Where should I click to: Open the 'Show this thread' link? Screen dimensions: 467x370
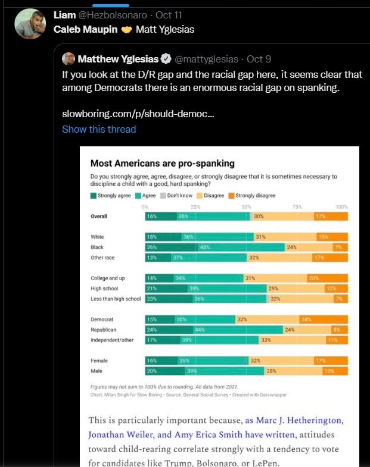99,129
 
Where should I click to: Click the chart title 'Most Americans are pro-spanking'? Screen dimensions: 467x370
162,163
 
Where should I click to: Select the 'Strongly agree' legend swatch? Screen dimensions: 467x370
93,196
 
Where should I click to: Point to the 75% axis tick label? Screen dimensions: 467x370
298,206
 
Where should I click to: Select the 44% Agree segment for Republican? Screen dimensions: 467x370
238,329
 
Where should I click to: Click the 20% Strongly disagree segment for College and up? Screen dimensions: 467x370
327,278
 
